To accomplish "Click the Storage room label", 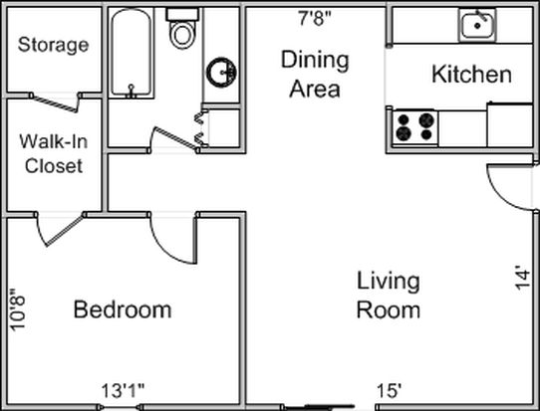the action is point(54,45).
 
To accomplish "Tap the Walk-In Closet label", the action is point(54,153).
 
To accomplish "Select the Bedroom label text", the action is point(123,309).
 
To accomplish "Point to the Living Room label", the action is point(389,296).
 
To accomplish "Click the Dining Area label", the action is point(315,75).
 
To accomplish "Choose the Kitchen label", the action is point(471,74).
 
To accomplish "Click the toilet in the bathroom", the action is point(182,29).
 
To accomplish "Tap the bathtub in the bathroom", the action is point(132,53).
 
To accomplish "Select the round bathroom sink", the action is point(222,73).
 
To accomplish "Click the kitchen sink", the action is point(477,25).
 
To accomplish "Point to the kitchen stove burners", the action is point(415,127).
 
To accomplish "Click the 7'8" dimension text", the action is point(315,18).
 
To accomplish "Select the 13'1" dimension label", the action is point(123,391).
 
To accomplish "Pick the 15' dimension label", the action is point(390,391).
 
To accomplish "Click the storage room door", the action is point(55,103).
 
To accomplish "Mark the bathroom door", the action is point(176,138).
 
